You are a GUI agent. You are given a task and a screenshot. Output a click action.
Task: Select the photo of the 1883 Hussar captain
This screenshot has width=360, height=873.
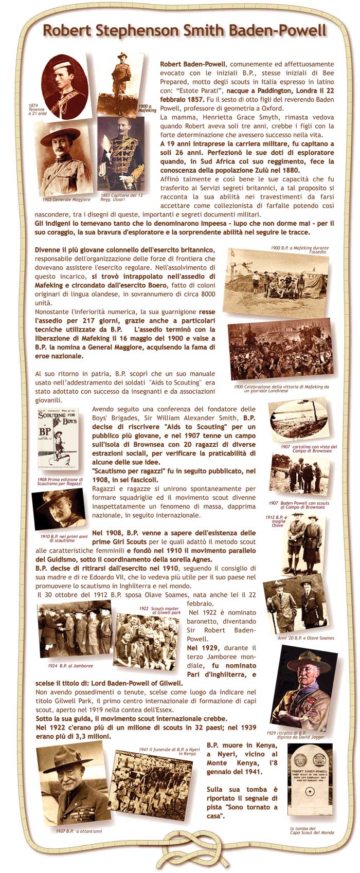120,153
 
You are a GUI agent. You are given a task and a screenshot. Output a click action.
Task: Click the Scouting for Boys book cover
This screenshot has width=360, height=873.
58,439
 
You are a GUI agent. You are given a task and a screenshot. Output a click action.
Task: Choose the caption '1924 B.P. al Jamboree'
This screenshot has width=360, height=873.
70,665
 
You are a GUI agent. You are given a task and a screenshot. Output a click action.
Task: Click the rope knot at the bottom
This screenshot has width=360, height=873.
181,853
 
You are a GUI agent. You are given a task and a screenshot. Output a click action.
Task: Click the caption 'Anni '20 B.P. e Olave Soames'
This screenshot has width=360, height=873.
305,638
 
